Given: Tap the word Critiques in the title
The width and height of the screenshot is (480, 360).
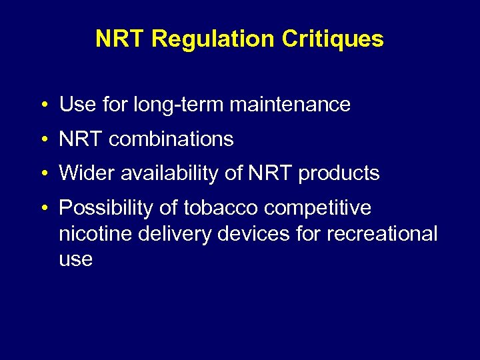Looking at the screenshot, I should tap(333, 39).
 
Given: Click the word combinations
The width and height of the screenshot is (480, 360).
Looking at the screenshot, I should tap(171, 139).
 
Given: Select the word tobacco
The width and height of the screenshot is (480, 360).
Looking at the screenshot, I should tap(221, 209).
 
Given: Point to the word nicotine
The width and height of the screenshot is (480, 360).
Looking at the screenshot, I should tap(92, 234).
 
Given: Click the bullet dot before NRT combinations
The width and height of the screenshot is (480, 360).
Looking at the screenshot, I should tap(43, 140).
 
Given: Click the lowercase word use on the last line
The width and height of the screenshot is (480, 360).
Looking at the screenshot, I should tap(75, 260).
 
